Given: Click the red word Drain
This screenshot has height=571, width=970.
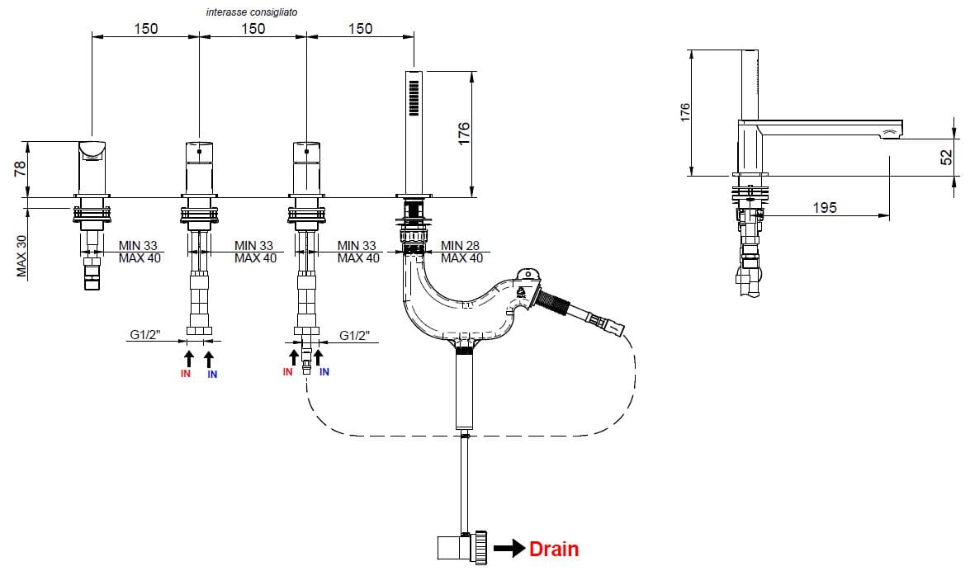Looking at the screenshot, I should (554, 549).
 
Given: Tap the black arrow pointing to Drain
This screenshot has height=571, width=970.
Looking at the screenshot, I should (509, 548).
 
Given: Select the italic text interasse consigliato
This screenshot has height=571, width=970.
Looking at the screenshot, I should (253, 12).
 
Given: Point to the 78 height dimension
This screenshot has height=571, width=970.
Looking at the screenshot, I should (21, 169).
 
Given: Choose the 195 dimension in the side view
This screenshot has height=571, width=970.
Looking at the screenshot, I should (824, 208).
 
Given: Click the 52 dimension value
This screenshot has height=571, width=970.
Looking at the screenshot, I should (947, 156).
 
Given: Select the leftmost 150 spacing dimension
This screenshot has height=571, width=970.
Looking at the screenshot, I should (145, 28).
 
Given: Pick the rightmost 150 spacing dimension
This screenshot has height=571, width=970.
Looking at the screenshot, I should (360, 28).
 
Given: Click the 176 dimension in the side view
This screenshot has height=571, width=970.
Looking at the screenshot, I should (684, 112).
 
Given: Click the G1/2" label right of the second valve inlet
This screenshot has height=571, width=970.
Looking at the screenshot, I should (355, 336).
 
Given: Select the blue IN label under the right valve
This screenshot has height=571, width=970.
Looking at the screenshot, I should (324, 372).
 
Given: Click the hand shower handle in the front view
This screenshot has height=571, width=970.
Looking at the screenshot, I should (414, 132).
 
